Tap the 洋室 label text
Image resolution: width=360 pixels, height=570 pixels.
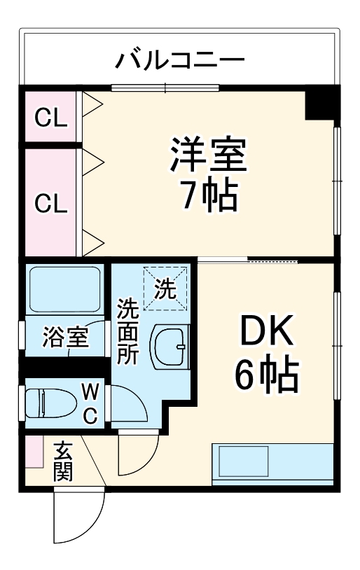208,155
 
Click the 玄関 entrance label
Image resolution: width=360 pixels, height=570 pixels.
62,461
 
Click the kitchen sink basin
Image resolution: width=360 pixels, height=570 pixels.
242,460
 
